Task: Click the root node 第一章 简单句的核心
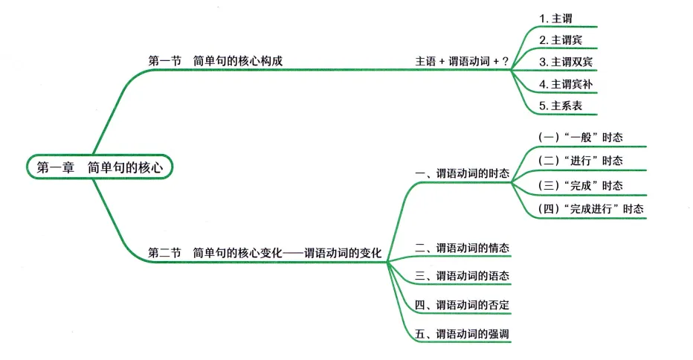100,167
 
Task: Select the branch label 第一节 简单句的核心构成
216,61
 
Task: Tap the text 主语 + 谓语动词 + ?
462,61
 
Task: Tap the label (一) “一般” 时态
580,138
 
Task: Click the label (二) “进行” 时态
580,161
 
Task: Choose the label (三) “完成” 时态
580,185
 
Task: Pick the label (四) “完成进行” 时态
590,209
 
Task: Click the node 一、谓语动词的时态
462,173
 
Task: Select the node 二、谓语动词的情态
462,247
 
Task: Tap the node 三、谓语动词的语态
462,276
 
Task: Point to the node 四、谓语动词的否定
462,305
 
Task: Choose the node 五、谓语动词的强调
462,334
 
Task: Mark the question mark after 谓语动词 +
506,61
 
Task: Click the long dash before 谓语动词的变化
294,253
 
